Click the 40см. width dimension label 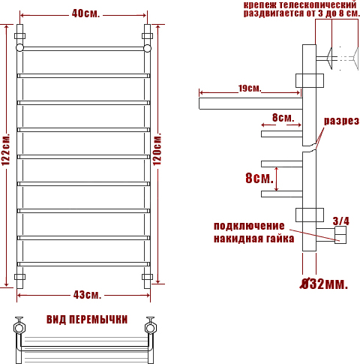click(x=85, y=14)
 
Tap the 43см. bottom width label click(x=87, y=295)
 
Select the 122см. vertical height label click(x=6, y=149)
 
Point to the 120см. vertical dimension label click(x=157, y=149)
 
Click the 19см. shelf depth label click(x=250, y=88)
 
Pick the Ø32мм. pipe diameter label click(x=324, y=284)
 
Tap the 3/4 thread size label click(x=341, y=221)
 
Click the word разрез click(x=341, y=121)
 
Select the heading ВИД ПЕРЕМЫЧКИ click(x=87, y=320)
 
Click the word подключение click(x=249, y=226)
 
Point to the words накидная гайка click(x=253, y=239)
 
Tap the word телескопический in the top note click(x=317, y=5)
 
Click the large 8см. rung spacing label click(x=259, y=178)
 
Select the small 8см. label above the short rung click(x=283, y=117)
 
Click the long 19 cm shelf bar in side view click(x=250, y=104)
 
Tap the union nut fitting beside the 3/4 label click(x=340, y=235)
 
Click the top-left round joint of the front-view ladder click(x=19, y=48)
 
